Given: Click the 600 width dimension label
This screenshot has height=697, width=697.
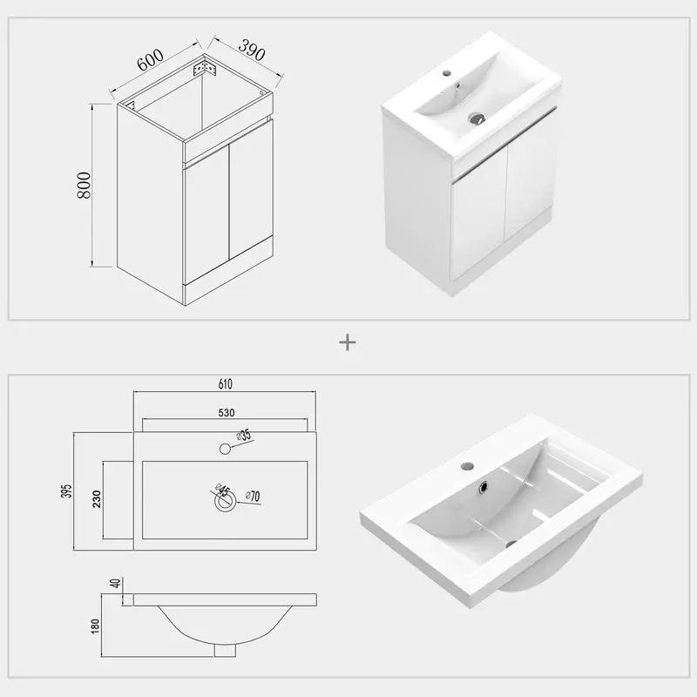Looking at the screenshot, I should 151,60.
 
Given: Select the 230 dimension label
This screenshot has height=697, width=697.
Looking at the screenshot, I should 96,499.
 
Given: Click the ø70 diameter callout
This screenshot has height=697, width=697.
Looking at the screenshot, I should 253,496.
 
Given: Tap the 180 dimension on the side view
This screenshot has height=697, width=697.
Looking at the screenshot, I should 95,625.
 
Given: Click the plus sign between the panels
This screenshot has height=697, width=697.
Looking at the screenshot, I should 348,342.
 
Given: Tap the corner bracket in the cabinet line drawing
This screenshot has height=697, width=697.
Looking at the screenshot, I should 207,66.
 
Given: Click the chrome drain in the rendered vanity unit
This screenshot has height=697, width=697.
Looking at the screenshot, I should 476,117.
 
